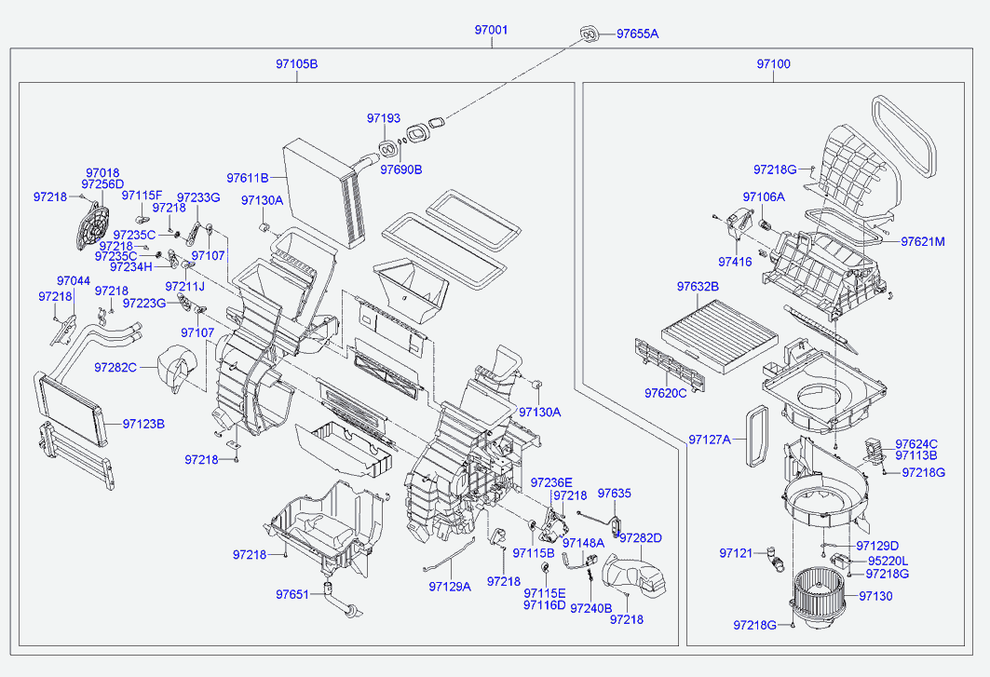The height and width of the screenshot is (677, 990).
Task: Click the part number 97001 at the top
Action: coord(491,30)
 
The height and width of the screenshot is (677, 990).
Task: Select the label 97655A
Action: coord(637,34)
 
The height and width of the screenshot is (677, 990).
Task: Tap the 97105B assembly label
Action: coord(296,63)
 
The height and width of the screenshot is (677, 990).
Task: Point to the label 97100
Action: coord(773,63)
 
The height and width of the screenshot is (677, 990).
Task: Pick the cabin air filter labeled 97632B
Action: coord(720,333)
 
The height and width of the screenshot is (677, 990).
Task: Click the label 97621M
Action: coord(922,242)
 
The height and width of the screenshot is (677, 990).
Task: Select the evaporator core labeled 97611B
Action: coord(324,193)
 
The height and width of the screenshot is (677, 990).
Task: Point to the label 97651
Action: coord(292,594)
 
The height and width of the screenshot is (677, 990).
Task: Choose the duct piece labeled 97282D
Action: coord(632,574)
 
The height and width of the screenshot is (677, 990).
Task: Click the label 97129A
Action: coord(450,587)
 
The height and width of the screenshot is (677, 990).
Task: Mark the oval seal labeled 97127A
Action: coord(757,437)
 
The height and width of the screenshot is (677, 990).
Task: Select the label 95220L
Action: coord(888,561)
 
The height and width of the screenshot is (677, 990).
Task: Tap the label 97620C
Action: coord(666,394)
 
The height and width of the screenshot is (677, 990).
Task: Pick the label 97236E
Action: coord(551,483)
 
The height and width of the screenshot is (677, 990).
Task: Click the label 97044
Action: coord(74,281)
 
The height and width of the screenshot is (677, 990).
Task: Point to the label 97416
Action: coord(735,262)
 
